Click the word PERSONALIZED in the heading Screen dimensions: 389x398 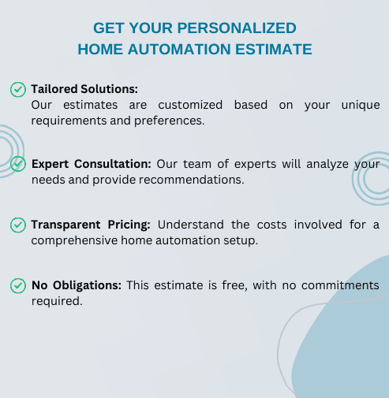237,28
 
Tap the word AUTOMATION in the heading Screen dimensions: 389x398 179,49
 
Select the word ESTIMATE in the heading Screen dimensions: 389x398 274,49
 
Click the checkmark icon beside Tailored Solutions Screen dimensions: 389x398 18,89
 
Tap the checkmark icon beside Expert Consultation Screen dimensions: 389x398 18,164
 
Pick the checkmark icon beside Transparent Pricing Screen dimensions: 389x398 18,225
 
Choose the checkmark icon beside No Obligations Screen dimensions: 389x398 18,285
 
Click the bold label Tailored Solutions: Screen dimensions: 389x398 84,89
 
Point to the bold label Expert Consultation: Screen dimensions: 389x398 92,164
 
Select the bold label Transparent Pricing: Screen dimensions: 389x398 91,225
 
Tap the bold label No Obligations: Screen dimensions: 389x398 77,285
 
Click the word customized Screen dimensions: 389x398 190,105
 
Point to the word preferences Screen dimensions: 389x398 169,121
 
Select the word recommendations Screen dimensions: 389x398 192,180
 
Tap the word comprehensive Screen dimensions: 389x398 74,240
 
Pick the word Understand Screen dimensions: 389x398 191,225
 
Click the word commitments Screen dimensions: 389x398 340,285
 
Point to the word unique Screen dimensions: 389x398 361,106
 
